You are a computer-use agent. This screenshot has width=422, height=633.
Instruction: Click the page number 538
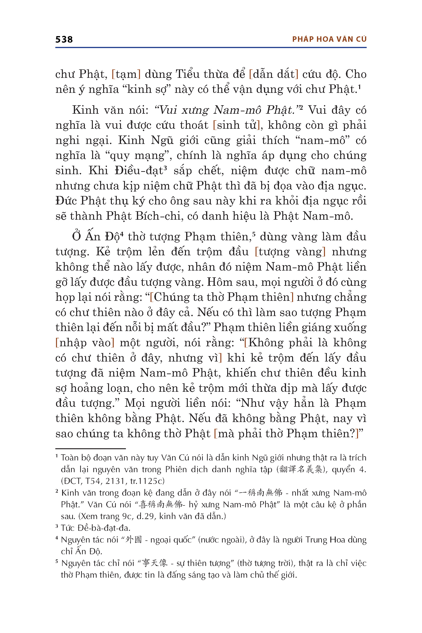(x=64, y=40)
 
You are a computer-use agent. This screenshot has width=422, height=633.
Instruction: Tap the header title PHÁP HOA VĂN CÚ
(x=329, y=39)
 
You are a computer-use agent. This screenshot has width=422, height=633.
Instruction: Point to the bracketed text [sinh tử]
(x=236, y=125)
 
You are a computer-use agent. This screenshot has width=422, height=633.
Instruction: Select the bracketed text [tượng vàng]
(x=290, y=252)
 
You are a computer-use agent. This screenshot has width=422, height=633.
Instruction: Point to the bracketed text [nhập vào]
(x=85, y=343)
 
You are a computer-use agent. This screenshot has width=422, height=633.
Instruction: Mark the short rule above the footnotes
(x=90, y=449)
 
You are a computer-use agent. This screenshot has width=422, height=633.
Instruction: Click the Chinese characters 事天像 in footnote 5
(x=155, y=563)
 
